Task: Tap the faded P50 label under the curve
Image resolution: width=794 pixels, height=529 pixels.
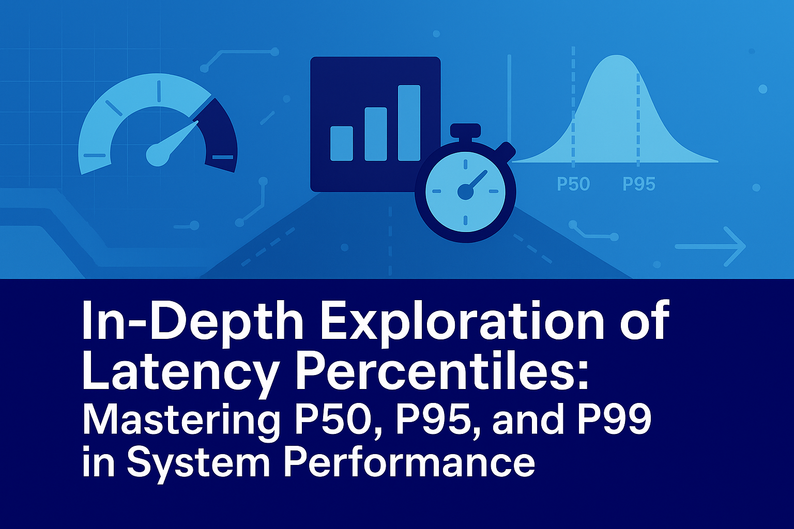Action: (573, 184)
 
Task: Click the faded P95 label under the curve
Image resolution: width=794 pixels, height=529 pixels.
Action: (639, 184)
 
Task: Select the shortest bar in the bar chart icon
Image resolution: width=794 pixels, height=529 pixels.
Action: (341, 144)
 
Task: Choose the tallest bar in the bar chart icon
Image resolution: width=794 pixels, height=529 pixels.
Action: (409, 123)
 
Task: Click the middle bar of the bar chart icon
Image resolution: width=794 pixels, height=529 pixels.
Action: (376, 134)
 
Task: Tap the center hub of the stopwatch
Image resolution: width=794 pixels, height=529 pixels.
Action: (465, 192)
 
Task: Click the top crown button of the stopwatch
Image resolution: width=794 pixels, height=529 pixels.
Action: (465, 130)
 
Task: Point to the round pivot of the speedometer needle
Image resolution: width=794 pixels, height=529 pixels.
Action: (157, 155)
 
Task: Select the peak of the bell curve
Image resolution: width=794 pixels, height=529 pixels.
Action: (617, 56)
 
